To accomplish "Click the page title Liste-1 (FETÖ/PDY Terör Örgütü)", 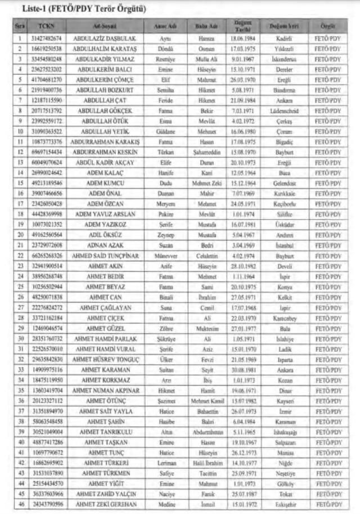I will click(83, 10).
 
